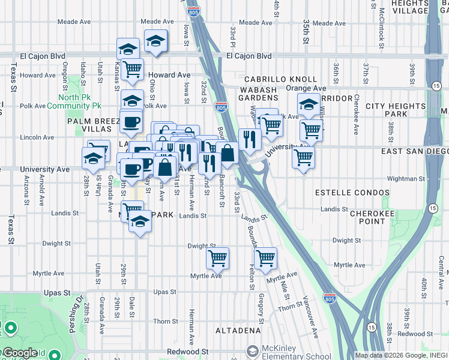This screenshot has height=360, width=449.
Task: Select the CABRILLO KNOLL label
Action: point(280,79)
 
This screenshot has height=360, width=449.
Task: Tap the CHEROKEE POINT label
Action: point(367,217)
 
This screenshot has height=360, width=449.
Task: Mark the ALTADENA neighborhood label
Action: point(239,331)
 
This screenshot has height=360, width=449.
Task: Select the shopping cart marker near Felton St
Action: point(265,258)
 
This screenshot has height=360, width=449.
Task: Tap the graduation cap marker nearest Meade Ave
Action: point(155,41)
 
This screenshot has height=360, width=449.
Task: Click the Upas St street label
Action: point(164,292)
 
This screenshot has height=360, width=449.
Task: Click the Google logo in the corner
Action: point(19,353)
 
